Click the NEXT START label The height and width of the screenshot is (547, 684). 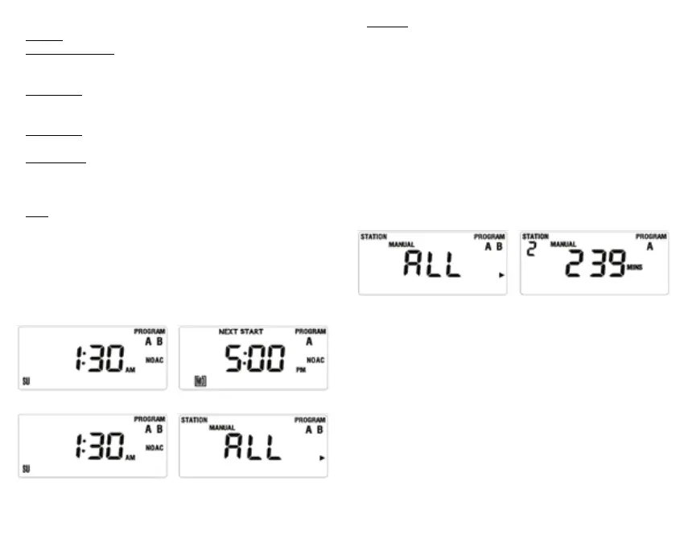click(x=241, y=331)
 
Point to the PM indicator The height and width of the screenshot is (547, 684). click(x=300, y=370)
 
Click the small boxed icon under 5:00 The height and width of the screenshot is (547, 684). click(x=200, y=380)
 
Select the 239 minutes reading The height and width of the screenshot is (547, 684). click(x=596, y=264)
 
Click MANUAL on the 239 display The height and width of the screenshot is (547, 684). click(x=562, y=244)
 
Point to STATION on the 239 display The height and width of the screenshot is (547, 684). click(x=535, y=236)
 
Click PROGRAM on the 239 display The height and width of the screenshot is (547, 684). click(x=650, y=236)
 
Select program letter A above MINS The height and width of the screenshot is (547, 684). click(x=649, y=247)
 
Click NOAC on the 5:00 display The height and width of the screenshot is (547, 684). click(x=315, y=360)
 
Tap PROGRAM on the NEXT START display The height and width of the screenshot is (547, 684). click(x=310, y=331)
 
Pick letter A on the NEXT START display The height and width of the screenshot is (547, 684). click(x=309, y=341)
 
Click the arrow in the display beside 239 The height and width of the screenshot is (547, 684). click(x=501, y=275)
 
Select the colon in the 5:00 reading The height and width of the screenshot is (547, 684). click(x=251, y=360)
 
